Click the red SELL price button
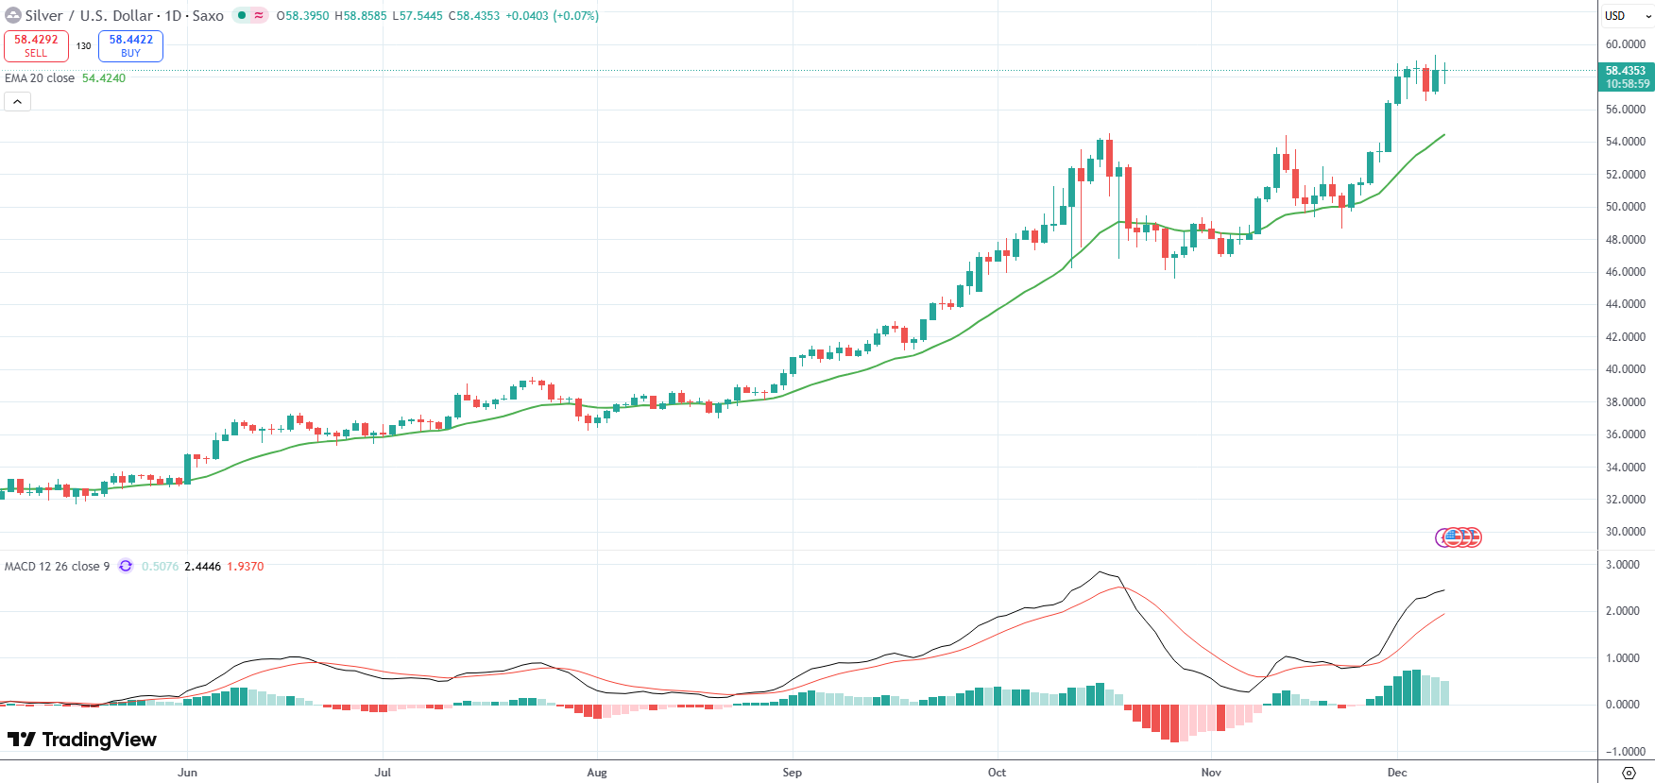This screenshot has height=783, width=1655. click(x=36, y=45)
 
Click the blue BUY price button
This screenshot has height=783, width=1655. click(x=130, y=45)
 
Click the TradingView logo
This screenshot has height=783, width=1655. click(x=82, y=740)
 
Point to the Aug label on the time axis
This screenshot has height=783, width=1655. click(x=597, y=773)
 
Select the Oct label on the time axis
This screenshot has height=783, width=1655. click(x=997, y=773)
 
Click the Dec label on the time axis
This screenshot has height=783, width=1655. click(x=1397, y=773)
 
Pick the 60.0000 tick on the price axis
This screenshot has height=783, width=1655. click(x=1625, y=44)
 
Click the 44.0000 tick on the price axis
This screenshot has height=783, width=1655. click(x=1625, y=304)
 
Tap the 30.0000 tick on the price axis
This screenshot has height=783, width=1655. click(x=1625, y=532)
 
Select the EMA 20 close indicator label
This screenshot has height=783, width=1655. click(x=40, y=78)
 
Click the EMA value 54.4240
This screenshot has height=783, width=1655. click(x=104, y=78)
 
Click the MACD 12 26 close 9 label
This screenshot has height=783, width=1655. click(x=57, y=567)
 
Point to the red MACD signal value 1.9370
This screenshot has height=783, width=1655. click(x=246, y=567)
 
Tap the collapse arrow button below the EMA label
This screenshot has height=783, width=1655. click(x=18, y=101)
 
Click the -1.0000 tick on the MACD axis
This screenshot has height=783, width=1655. click(x=1624, y=752)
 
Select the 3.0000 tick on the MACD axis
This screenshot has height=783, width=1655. click(x=1624, y=565)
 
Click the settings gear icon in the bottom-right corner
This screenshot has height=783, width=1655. click(x=1628, y=773)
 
